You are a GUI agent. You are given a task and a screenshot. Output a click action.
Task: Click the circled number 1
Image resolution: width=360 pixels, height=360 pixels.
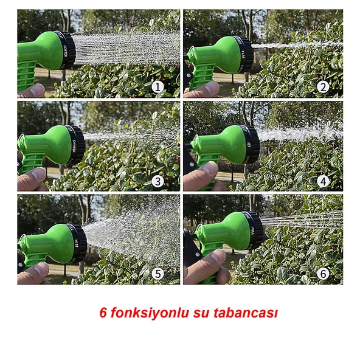[158, 87]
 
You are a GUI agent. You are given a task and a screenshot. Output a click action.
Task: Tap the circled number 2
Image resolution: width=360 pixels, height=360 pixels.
[323, 87]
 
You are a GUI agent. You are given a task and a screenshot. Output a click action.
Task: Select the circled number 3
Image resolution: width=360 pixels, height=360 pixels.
[158, 181]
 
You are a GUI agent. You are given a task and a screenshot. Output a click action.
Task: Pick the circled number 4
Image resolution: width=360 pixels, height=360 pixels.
[323, 181]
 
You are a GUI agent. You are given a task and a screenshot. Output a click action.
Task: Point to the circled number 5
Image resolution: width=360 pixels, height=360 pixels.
[158, 274]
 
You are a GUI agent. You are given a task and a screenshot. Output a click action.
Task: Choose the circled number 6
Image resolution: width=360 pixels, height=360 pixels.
[323, 274]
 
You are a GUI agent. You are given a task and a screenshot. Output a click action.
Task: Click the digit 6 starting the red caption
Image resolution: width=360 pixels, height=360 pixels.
[103, 313]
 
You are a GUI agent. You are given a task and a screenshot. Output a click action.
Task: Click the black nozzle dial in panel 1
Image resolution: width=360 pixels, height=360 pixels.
[66, 50]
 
